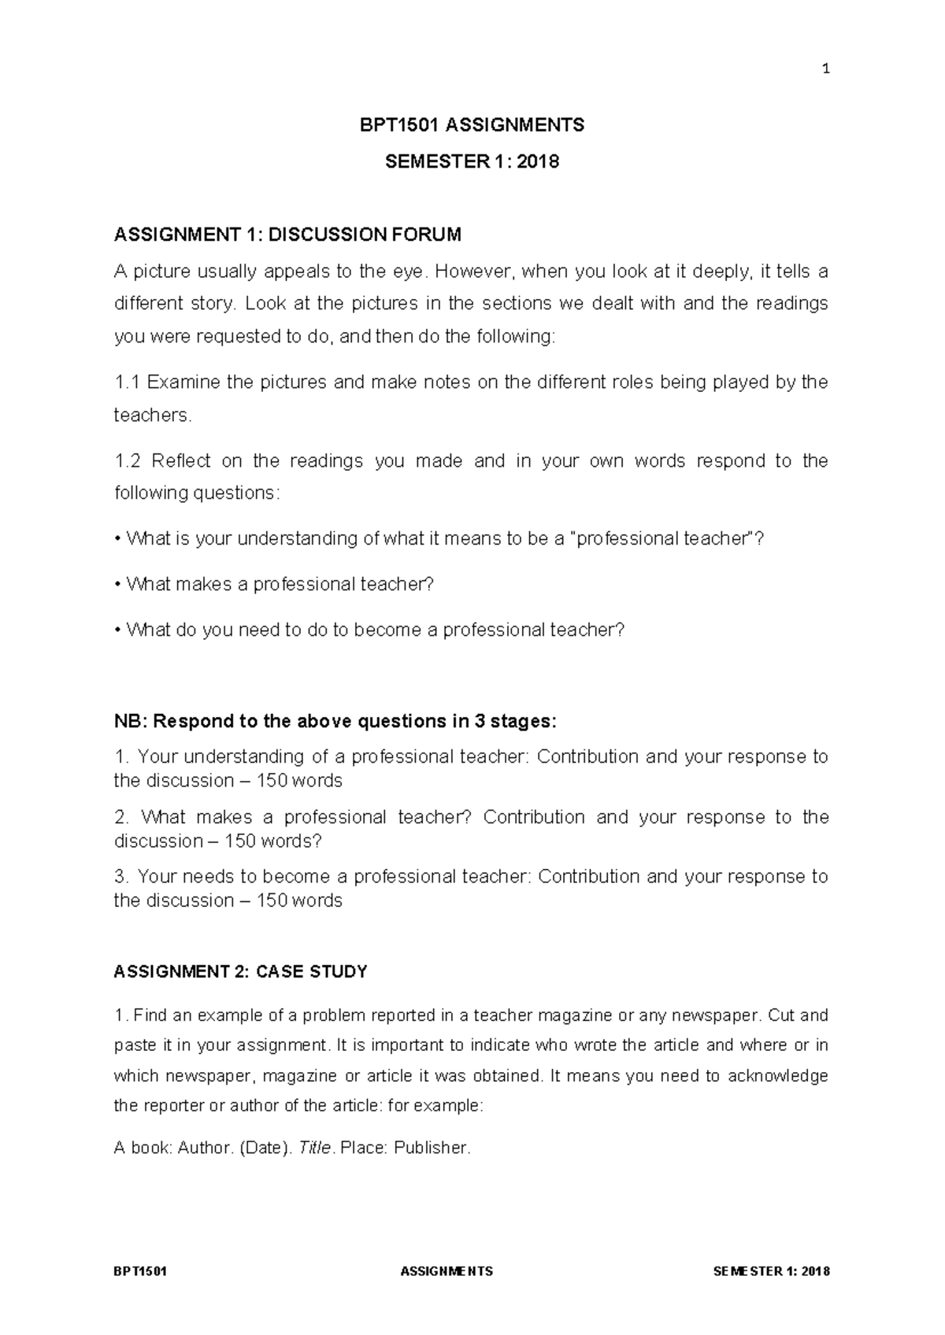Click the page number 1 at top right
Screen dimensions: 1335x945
pyautogui.click(x=825, y=69)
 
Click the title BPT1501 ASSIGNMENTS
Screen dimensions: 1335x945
pyautogui.click(x=472, y=125)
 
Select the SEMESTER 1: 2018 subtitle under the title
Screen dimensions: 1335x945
pyautogui.click(x=472, y=162)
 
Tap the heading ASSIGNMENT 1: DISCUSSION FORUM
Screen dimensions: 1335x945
pyautogui.click(x=287, y=235)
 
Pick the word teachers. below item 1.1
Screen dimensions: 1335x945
pyautogui.click(x=153, y=416)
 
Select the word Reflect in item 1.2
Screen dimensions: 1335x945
pyautogui.click(x=181, y=461)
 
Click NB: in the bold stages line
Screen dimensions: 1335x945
pyautogui.click(x=130, y=722)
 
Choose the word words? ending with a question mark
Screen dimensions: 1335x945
pyautogui.click(x=296, y=841)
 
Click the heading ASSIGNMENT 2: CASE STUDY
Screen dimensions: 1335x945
pyautogui.click(x=240, y=972)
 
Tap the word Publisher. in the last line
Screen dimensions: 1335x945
pyautogui.click(x=432, y=1148)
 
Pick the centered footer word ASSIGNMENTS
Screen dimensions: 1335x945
pyautogui.click(x=447, y=1271)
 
